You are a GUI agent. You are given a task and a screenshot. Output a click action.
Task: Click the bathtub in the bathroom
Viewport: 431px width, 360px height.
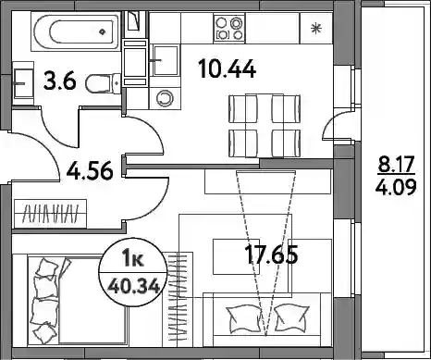pos(75,31)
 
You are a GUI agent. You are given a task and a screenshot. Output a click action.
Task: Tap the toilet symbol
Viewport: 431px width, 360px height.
pos(103,83)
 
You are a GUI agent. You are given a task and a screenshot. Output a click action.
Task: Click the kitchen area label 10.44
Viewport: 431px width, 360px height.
pos(228,68)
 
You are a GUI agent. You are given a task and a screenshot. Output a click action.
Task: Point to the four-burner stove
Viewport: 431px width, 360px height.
pos(229,28)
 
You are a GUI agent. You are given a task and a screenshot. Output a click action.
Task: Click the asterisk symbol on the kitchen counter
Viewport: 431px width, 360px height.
pos(315,29)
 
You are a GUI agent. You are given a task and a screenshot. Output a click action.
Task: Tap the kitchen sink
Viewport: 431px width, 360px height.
pos(166,60)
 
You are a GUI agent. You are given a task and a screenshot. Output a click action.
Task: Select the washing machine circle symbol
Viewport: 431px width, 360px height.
pos(165,98)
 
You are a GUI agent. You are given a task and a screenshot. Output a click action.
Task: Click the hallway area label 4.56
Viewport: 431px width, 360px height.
pos(90,171)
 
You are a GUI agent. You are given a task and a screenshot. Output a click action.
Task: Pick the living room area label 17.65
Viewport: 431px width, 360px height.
pos(271,254)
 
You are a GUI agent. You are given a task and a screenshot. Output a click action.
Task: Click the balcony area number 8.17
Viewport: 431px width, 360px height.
pos(396,165)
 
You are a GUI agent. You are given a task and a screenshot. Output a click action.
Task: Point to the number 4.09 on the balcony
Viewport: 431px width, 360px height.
pos(396,187)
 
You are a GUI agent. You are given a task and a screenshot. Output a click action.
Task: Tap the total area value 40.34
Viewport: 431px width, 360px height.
pos(134,287)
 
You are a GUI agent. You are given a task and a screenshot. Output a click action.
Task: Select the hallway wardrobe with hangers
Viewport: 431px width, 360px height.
pos(50,214)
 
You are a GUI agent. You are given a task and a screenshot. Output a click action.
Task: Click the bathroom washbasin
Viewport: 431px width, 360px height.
pos(23,83)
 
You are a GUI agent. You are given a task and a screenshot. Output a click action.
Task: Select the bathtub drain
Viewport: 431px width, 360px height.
pos(102,31)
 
